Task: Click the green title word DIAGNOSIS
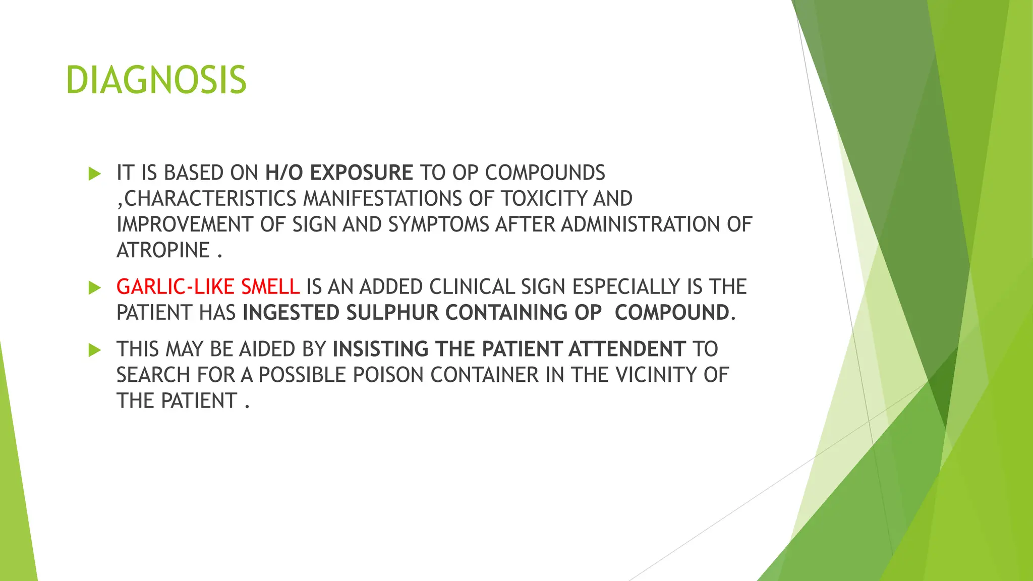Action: click(x=156, y=80)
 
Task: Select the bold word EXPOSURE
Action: click(x=361, y=173)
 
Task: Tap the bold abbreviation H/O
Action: click(x=284, y=173)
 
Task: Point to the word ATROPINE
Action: click(x=163, y=250)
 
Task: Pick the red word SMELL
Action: click(x=270, y=287)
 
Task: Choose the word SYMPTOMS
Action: click(x=438, y=224)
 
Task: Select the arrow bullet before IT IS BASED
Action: click(x=94, y=174)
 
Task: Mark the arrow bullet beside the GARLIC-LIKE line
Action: click(x=94, y=288)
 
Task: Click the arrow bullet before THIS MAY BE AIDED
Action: click(x=94, y=350)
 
